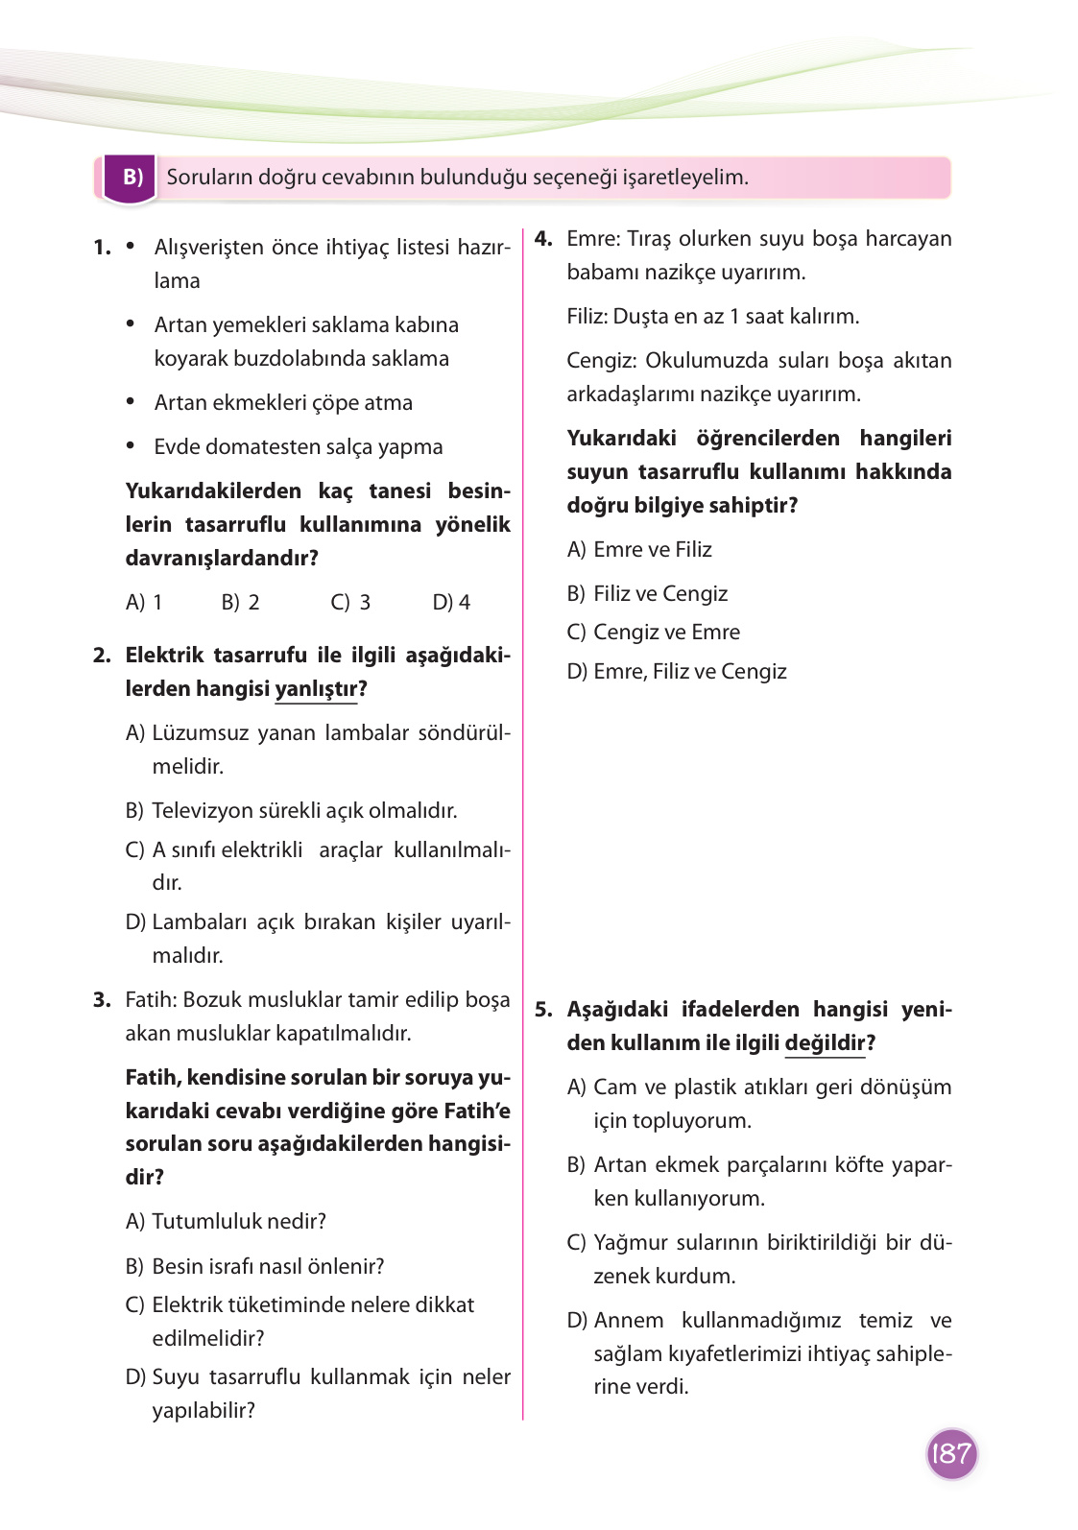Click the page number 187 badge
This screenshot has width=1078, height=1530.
950,1453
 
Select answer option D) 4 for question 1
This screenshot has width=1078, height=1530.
451,603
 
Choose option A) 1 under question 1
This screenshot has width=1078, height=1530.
144,603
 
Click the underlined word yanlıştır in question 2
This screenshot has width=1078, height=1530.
316,689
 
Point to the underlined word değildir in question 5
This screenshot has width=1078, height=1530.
825,1043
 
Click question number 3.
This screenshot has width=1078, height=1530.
102,1000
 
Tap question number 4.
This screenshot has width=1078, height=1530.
543,239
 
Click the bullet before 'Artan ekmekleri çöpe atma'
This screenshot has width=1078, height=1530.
131,401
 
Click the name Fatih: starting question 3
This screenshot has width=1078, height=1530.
151,1000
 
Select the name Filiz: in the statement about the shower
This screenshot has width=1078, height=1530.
587,317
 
